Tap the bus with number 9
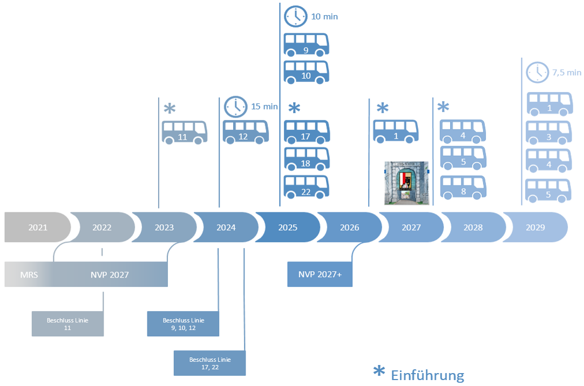(x=306, y=45)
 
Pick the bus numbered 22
(x=306, y=187)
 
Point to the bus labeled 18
(x=306, y=158)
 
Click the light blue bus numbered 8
(x=463, y=187)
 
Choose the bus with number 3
(x=548, y=133)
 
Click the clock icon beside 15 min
(x=235, y=106)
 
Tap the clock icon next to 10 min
(x=295, y=16)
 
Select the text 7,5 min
(x=567, y=72)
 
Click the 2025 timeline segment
(x=288, y=228)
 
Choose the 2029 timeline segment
(x=534, y=228)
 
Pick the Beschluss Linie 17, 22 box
(x=209, y=363)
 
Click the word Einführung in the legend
(x=427, y=375)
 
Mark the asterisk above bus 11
(x=169, y=109)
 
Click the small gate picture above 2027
(x=405, y=183)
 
